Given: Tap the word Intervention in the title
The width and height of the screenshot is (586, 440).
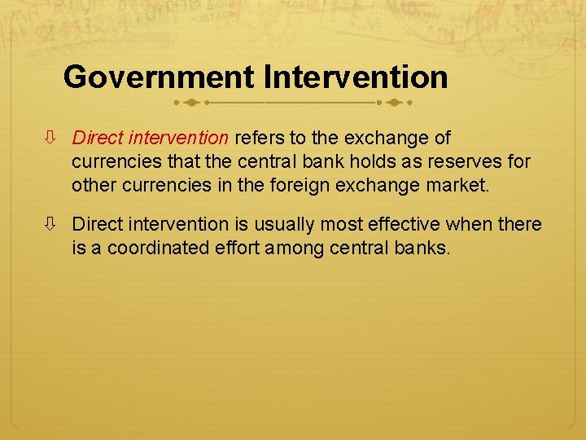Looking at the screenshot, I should (x=355, y=78).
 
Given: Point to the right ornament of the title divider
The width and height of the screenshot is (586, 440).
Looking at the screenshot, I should (x=396, y=103).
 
